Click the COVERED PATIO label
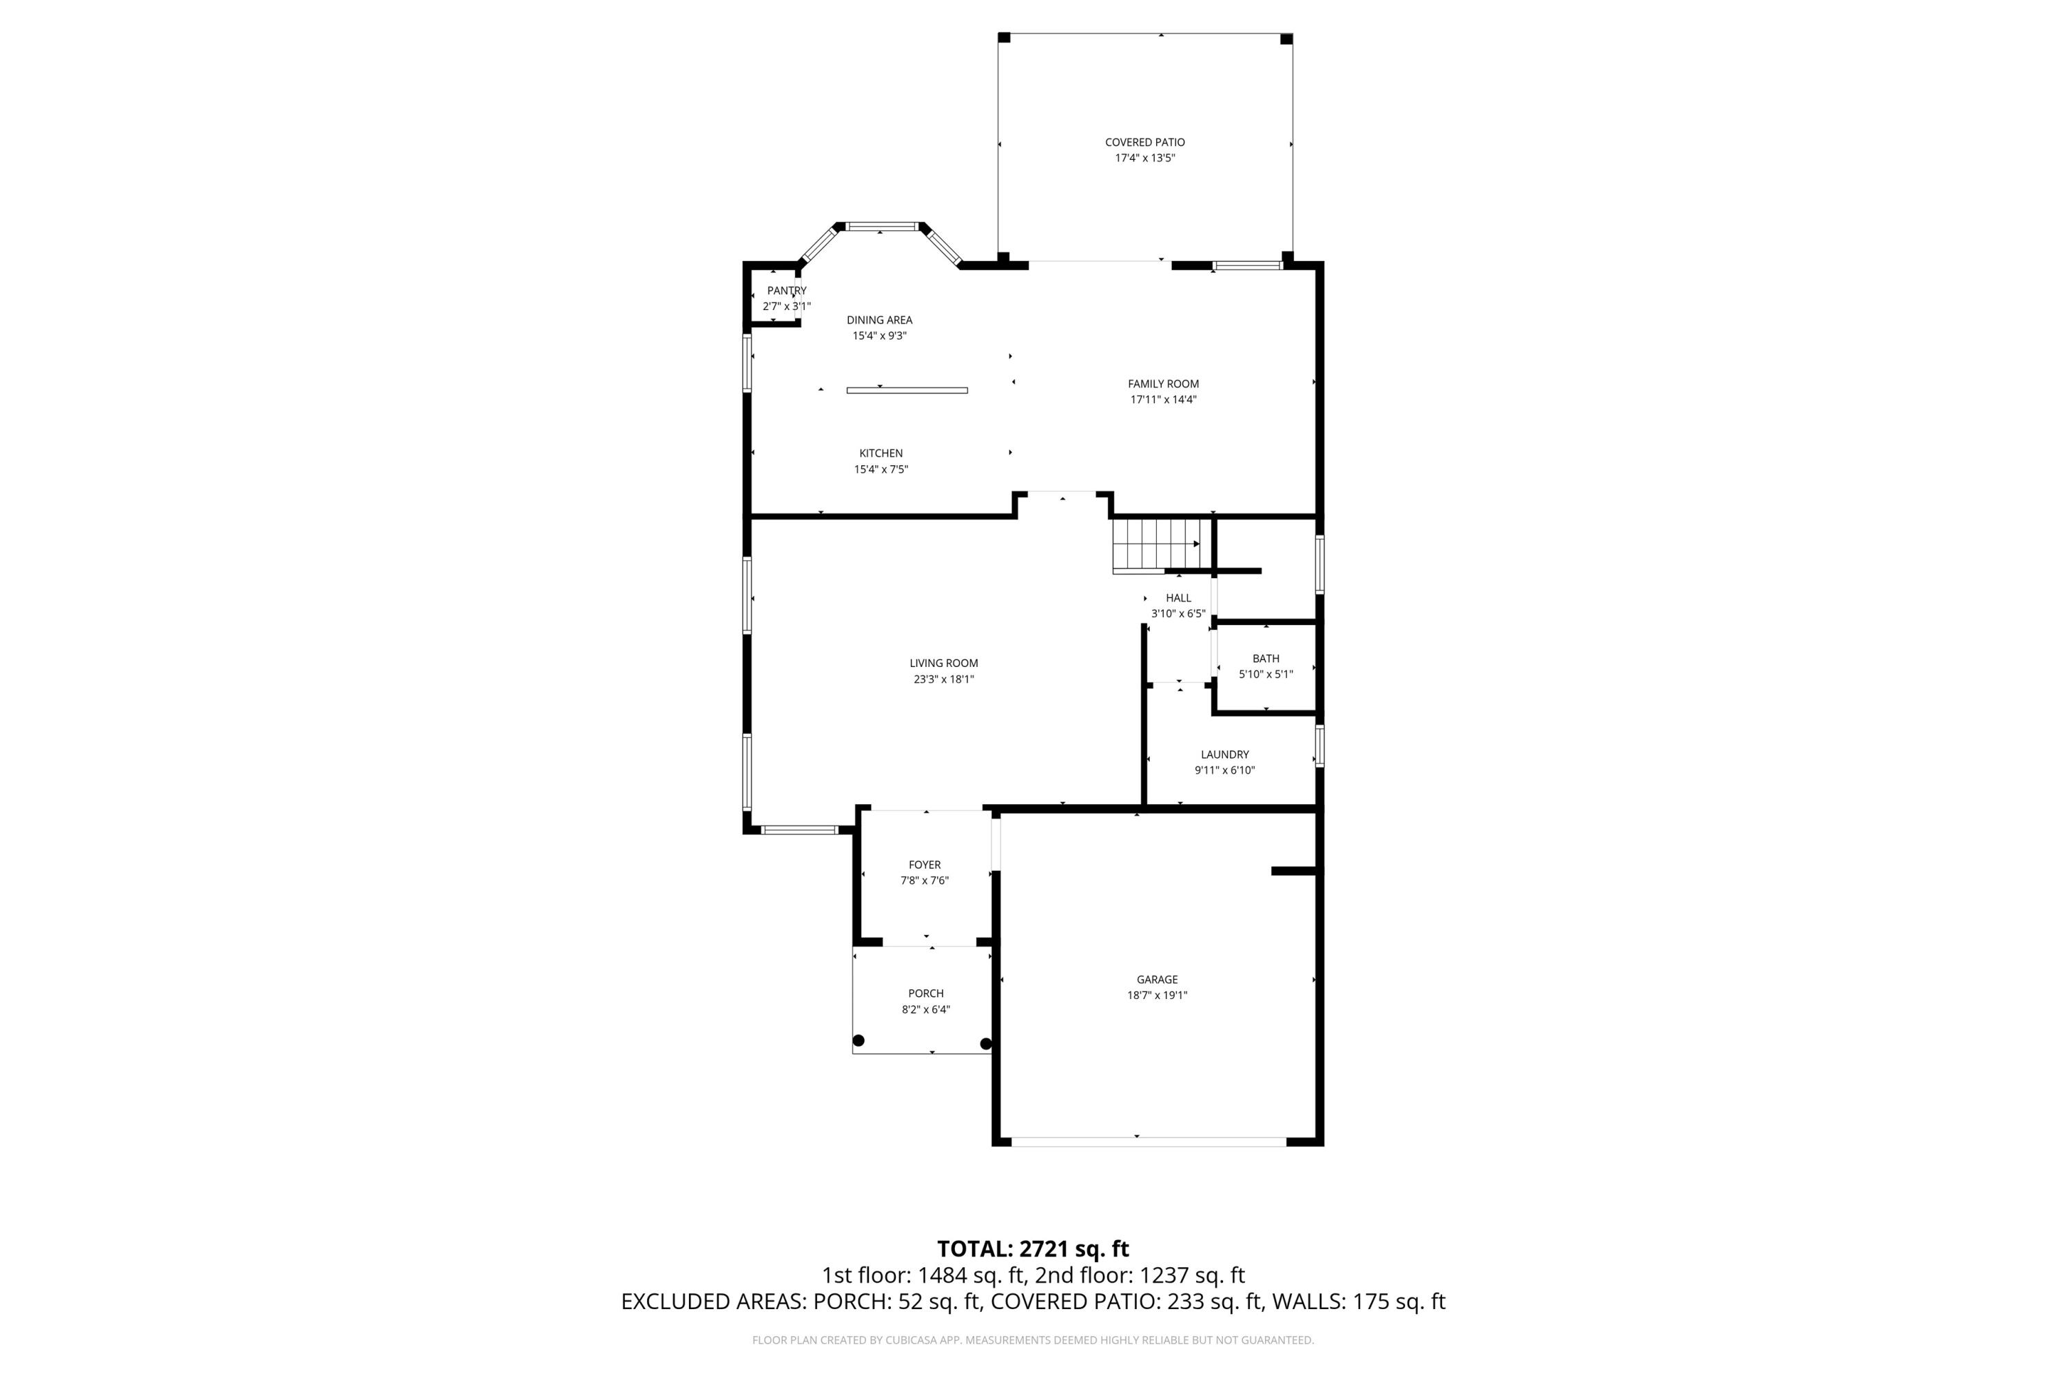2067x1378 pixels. coord(1144,141)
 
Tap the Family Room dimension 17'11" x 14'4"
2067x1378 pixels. coord(1163,399)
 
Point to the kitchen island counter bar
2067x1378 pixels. coord(906,390)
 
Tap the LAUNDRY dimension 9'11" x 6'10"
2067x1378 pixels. coord(1224,770)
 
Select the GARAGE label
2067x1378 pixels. coord(1157,979)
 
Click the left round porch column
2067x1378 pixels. coord(858,1040)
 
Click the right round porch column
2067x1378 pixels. coord(985,1044)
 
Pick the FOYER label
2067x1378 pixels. coord(924,865)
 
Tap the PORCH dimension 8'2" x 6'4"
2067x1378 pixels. coord(925,1009)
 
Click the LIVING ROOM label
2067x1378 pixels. coord(943,664)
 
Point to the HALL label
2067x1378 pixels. coord(1178,597)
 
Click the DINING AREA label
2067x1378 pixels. coord(879,320)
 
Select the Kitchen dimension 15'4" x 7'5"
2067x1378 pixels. coord(881,469)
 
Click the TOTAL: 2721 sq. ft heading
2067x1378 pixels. coord(1033,1248)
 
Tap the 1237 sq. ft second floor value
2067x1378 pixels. coord(1192,1275)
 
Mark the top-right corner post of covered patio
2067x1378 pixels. coord(1286,39)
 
